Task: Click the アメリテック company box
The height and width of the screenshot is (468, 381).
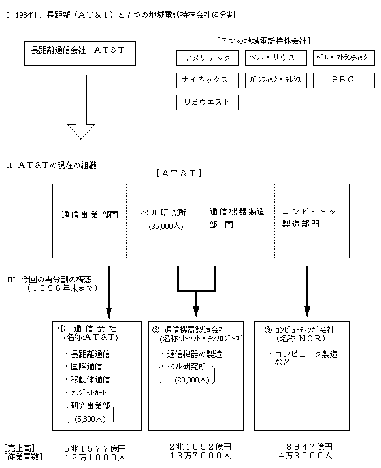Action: [207, 58]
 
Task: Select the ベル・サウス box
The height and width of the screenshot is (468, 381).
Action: [276, 58]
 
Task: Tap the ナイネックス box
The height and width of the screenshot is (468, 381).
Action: [207, 80]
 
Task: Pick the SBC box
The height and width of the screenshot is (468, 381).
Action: [344, 80]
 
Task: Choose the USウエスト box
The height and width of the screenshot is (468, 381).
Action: [207, 103]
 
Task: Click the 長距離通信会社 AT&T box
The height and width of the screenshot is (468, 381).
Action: [80, 54]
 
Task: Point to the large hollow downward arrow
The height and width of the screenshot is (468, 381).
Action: [81, 107]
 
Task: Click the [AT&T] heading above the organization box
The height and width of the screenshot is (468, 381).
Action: [179, 173]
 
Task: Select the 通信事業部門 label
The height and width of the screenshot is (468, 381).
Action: [90, 214]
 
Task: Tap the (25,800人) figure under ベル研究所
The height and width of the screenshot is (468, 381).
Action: [166, 226]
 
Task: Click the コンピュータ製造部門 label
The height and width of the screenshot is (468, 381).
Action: [309, 218]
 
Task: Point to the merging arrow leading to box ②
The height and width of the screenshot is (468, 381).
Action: [196, 290]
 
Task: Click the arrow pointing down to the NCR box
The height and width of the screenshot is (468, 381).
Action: [307, 291]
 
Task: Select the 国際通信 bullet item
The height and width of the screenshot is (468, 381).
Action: [84, 367]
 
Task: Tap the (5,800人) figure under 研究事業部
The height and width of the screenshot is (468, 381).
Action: [90, 419]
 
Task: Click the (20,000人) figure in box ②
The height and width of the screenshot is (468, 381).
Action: [192, 380]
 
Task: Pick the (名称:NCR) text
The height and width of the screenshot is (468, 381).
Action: [301, 339]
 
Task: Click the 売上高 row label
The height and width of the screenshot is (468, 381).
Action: [20, 448]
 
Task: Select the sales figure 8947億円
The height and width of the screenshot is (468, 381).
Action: [309, 447]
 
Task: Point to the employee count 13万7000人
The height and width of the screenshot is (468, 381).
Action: [201, 456]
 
